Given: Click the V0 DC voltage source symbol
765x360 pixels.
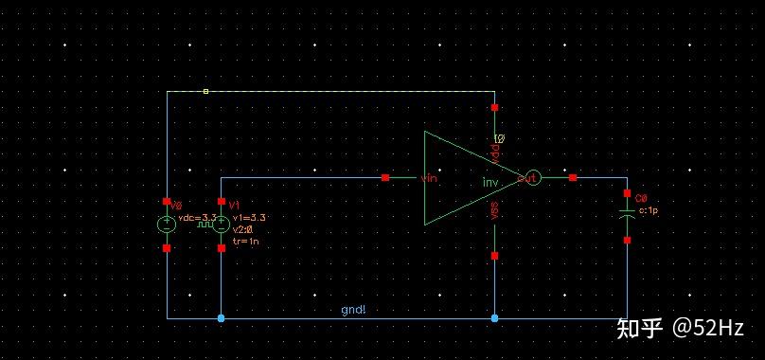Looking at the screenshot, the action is pos(167,225).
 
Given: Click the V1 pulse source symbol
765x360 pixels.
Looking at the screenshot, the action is pos(221,225).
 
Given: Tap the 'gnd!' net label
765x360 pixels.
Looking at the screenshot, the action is pos(353,310).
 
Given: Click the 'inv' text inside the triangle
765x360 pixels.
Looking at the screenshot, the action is pos(490,182).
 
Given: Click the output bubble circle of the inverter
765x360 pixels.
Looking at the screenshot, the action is pos(532,177).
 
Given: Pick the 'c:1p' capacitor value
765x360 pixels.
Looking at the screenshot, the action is pos(649,211).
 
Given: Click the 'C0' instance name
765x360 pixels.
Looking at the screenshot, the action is pos(641,199).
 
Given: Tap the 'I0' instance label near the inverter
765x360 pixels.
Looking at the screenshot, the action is pos(500,139).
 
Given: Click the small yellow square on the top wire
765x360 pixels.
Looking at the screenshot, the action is pos(205,91).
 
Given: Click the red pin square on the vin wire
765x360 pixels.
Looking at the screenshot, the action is pos(385,177).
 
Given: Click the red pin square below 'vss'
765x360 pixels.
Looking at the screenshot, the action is pos(494,255).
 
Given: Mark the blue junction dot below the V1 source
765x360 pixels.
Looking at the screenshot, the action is pos(221,318).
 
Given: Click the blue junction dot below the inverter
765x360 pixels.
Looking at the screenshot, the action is pos(494,318).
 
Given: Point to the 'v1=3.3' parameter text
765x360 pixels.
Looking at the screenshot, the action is pos(247,218).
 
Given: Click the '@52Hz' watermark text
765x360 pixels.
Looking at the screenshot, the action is pos(707,328).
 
